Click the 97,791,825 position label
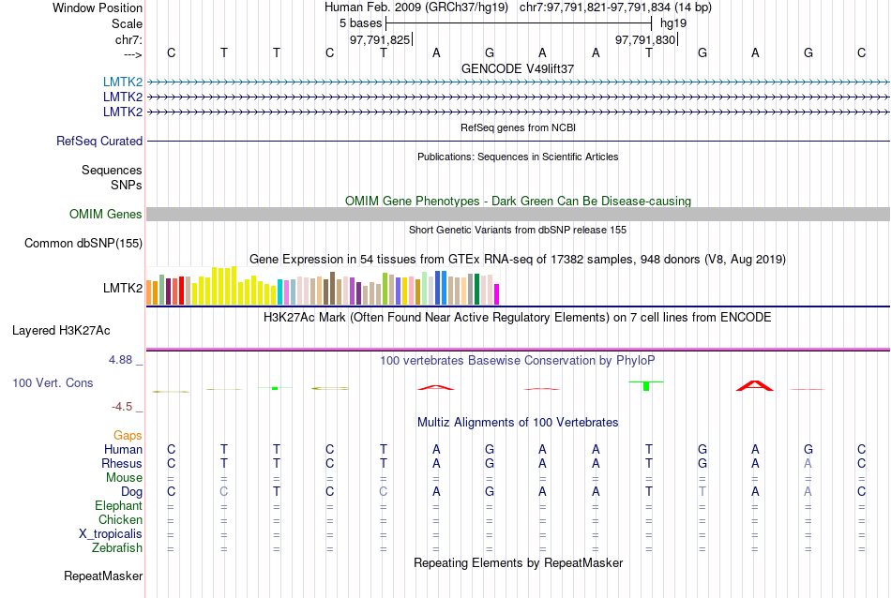tap(380, 40)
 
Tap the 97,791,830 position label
tap(645, 40)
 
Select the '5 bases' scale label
tap(360, 22)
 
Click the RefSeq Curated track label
tap(99, 142)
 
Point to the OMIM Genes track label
tap(106, 215)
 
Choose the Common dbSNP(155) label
tap(83, 244)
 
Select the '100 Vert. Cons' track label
tap(53, 383)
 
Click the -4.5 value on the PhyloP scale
tap(127, 407)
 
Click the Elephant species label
tap(119, 506)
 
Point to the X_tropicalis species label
tap(111, 534)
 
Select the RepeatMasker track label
tap(103, 576)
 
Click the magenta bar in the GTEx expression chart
tap(497, 293)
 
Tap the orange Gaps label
tap(128, 436)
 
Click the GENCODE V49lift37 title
tap(518, 69)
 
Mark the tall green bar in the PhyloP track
tap(647, 386)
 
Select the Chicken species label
tap(121, 520)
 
